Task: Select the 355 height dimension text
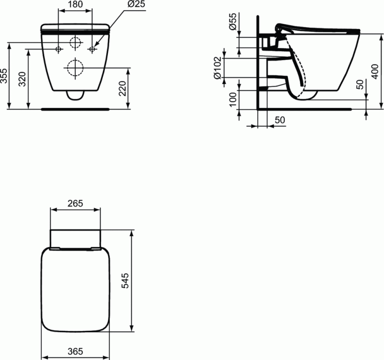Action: click(5, 76)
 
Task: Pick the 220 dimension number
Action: click(122, 89)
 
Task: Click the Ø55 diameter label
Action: click(232, 23)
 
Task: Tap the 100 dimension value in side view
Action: click(233, 99)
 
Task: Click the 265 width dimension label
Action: click(76, 203)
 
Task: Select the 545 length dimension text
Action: click(126, 281)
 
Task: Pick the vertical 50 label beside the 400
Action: click(360, 84)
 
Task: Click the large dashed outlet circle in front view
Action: click(74, 68)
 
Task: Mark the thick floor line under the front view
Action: click(75, 109)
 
